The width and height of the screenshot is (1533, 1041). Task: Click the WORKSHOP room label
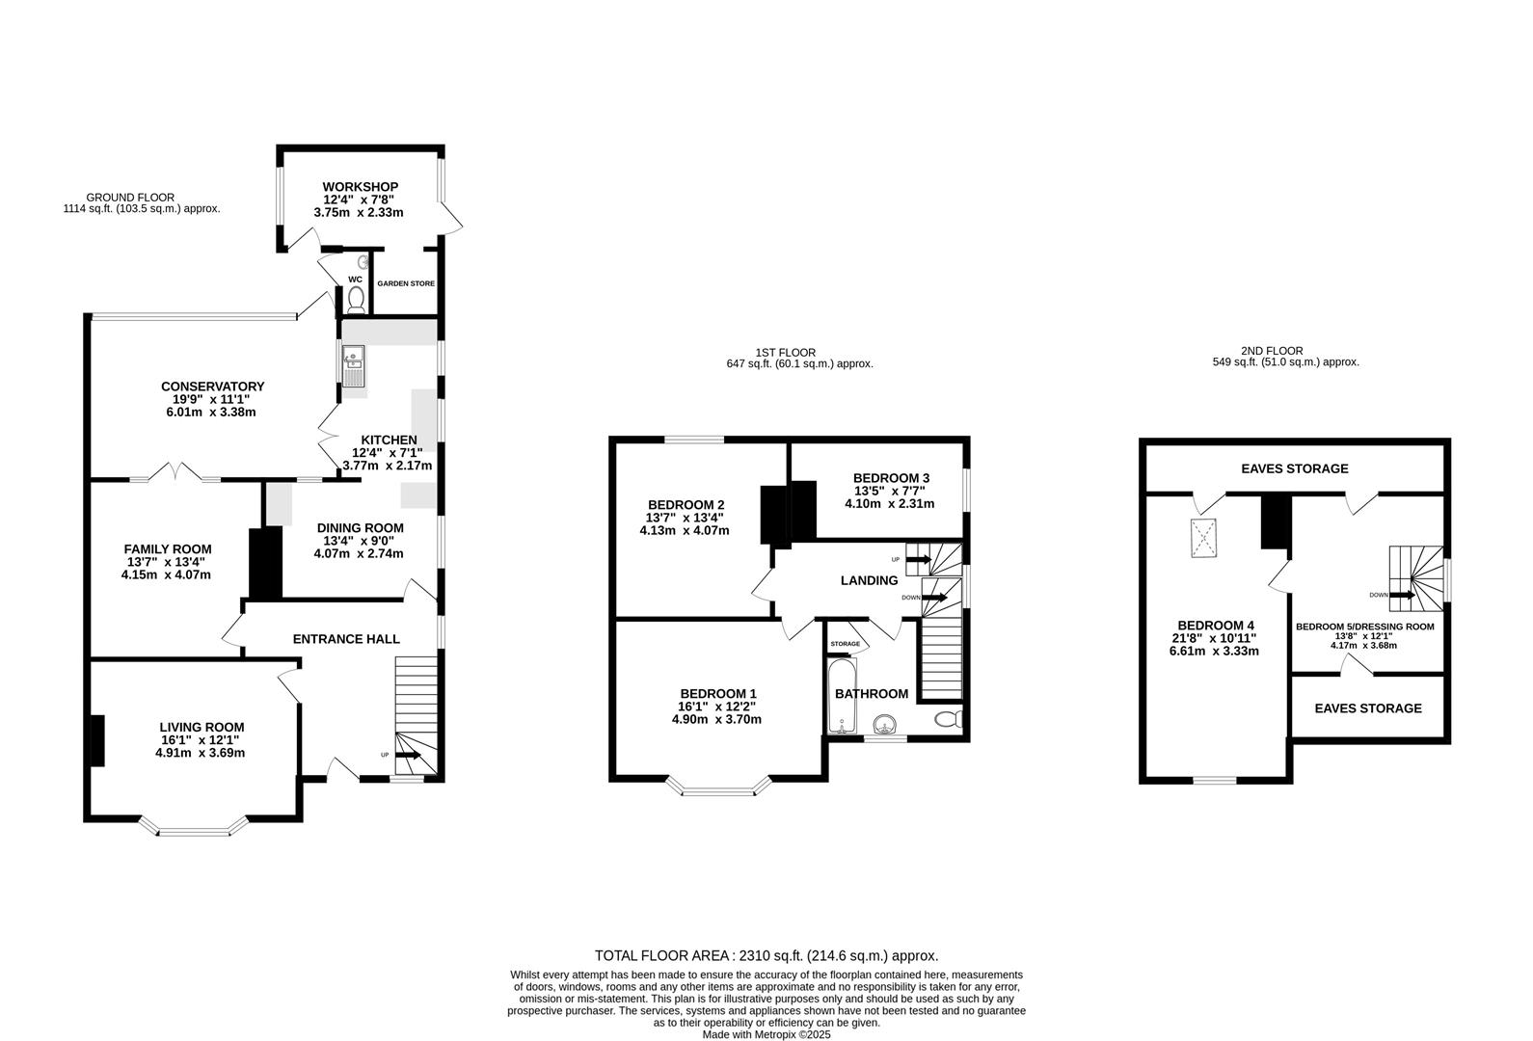pyautogui.click(x=360, y=187)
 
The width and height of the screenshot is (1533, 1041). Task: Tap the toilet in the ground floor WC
pyautogui.click(x=356, y=298)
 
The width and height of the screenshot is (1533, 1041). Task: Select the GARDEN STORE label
pyautogui.click(x=406, y=284)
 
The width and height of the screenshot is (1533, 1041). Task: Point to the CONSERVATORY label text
pyautogui.click(x=212, y=387)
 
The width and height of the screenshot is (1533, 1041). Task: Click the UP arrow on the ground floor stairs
pyautogui.click(x=408, y=755)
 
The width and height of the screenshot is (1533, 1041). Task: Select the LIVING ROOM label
pyautogui.click(x=202, y=728)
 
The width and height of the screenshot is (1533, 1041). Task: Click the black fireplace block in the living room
pyautogui.click(x=97, y=740)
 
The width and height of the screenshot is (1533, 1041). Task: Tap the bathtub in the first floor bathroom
pyautogui.click(x=841, y=696)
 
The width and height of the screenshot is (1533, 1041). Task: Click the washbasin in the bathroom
pyautogui.click(x=883, y=724)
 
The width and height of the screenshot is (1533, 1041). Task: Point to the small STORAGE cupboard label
pyautogui.click(x=846, y=643)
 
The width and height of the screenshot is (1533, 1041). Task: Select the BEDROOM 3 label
pyautogui.click(x=891, y=478)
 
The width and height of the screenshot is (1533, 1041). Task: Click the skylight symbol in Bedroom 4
pyautogui.click(x=1202, y=538)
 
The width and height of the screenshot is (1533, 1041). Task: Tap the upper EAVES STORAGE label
pyautogui.click(x=1294, y=468)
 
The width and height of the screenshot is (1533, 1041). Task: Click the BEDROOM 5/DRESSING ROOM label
pyautogui.click(x=1364, y=627)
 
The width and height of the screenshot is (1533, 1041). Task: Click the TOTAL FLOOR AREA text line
pyautogui.click(x=766, y=956)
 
